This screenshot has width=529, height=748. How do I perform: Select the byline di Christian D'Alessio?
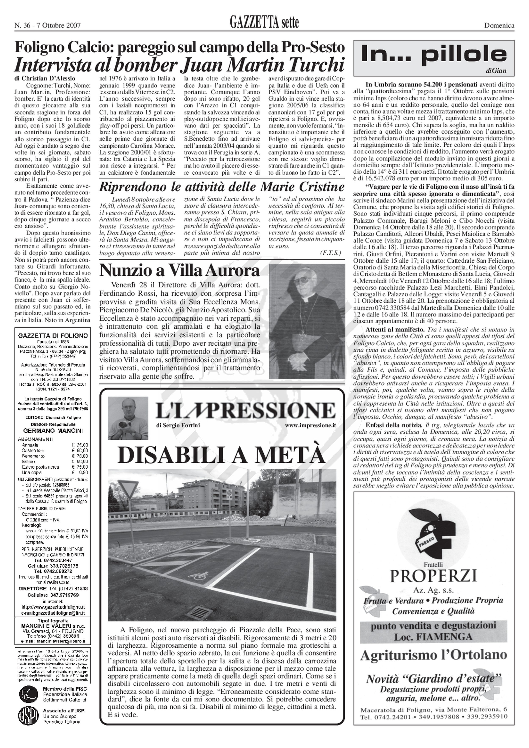click(45, 78)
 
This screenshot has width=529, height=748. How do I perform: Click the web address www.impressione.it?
click(310, 425)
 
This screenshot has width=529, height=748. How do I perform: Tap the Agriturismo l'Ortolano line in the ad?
click(434, 645)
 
